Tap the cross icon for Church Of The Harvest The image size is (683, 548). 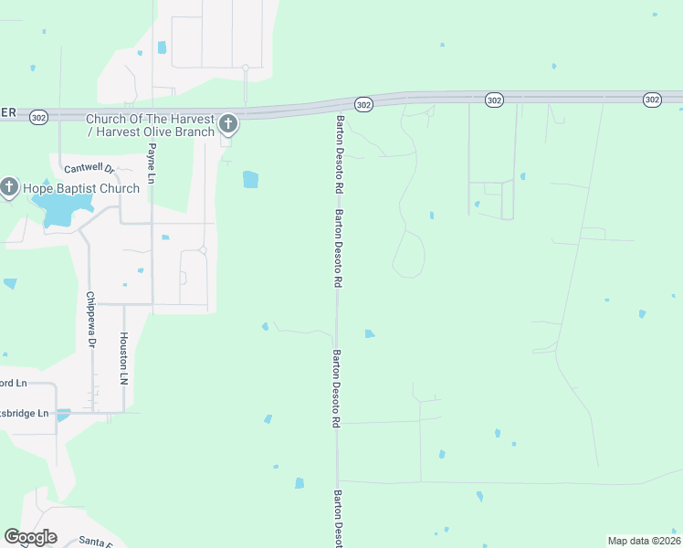pyautogui.click(x=227, y=123)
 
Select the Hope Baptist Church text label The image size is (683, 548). pyautogui.click(x=81, y=189)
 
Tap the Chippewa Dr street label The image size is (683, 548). pyautogui.click(x=89, y=320)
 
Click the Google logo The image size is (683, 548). pyautogui.click(x=30, y=537)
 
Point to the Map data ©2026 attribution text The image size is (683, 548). pyautogui.click(x=644, y=541)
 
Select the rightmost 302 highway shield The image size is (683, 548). pyautogui.click(x=651, y=99)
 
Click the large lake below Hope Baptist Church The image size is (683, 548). pyautogui.click(x=59, y=210)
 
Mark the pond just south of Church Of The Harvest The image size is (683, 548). pyautogui.click(x=250, y=180)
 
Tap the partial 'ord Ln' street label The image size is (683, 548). pyautogui.click(x=14, y=383)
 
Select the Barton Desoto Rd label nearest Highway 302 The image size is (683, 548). pyautogui.click(x=339, y=153)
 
